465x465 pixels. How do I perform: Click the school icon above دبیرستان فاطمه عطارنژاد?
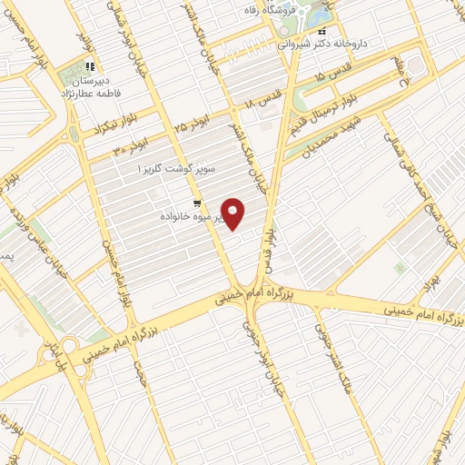89,66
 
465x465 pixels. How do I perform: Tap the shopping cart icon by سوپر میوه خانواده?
197,203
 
